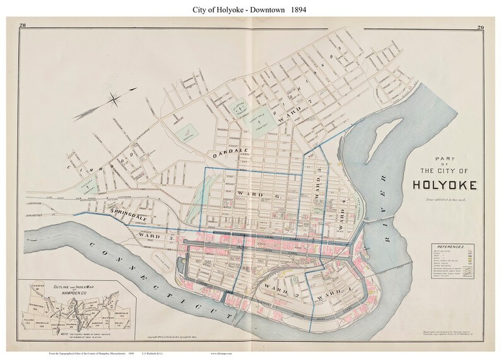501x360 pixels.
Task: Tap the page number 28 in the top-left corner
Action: click(23, 25)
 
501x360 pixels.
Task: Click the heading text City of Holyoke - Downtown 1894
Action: click(250, 9)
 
